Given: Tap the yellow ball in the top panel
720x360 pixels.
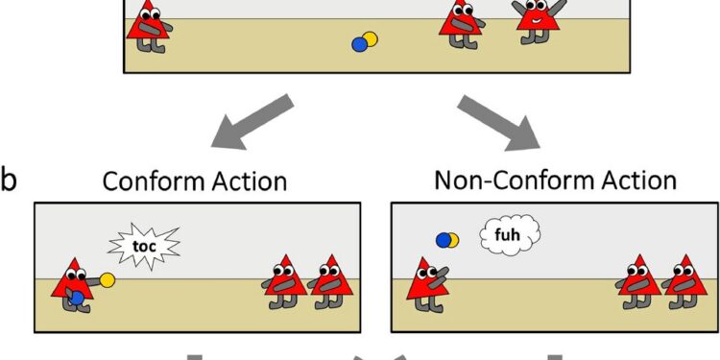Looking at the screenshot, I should tap(369, 39).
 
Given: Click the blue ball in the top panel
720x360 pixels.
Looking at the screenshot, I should tap(360, 43).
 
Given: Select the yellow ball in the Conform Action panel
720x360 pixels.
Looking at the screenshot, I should tap(108, 279).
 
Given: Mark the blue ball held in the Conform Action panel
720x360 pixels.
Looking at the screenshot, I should tap(77, 299).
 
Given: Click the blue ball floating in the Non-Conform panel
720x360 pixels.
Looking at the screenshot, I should tap(443, 239).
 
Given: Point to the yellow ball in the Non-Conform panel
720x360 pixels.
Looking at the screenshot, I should tap(452, 239).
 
